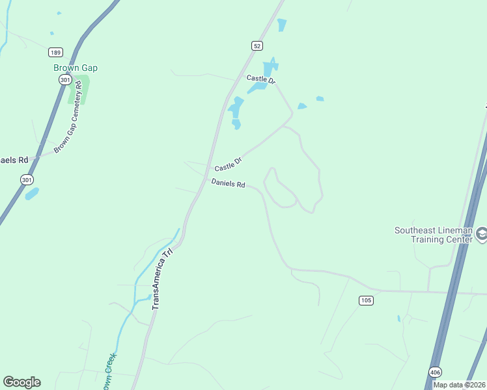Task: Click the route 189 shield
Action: point(55,51)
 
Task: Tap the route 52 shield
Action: point(258,45)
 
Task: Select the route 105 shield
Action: point(365,300)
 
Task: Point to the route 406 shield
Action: point(435,371)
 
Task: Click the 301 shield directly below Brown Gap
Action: point(64,79)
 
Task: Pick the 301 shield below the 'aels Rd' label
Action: point(26,179)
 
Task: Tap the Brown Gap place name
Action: point(76,68)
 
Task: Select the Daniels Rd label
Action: point(228,184)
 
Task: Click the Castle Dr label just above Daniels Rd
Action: point(228,164)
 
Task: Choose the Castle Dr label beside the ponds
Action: point(261,79)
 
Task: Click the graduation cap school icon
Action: point(482,233)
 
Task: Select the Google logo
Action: point(21,382)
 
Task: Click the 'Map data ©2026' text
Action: point(458,385)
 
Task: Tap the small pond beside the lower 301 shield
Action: point(31,194)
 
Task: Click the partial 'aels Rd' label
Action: point(14,160)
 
